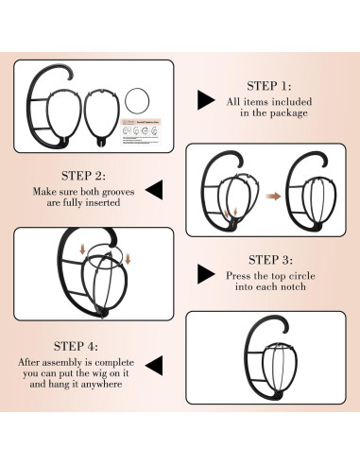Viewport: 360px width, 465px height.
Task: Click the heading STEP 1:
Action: click(x=269, y=86)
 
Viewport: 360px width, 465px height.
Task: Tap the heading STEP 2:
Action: click(x=83, y=176)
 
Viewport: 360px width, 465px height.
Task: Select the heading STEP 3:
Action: click(x=270, y=260)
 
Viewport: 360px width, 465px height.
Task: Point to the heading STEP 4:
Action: click(x=76, y=346)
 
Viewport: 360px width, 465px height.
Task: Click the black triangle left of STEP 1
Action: click(x=205, y=100)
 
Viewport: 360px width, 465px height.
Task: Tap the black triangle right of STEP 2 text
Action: click(x=155, y=190)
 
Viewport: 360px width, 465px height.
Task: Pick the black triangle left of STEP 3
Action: click(x=205, y=274)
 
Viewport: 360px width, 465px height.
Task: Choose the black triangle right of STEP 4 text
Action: click(x=155, y=366)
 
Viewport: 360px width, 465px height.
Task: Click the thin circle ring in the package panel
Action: click(x=137, y=88)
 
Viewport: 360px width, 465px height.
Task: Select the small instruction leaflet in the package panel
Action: click(x=141, y=132)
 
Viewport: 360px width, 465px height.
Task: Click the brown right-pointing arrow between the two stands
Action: click(x=273, y=197)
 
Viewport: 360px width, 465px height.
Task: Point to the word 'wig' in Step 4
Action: click(x=99, y=373)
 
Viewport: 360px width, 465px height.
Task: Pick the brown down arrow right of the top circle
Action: click(x=128, y=258)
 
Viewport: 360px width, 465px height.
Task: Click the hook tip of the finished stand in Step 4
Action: click(x=284, y=331)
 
